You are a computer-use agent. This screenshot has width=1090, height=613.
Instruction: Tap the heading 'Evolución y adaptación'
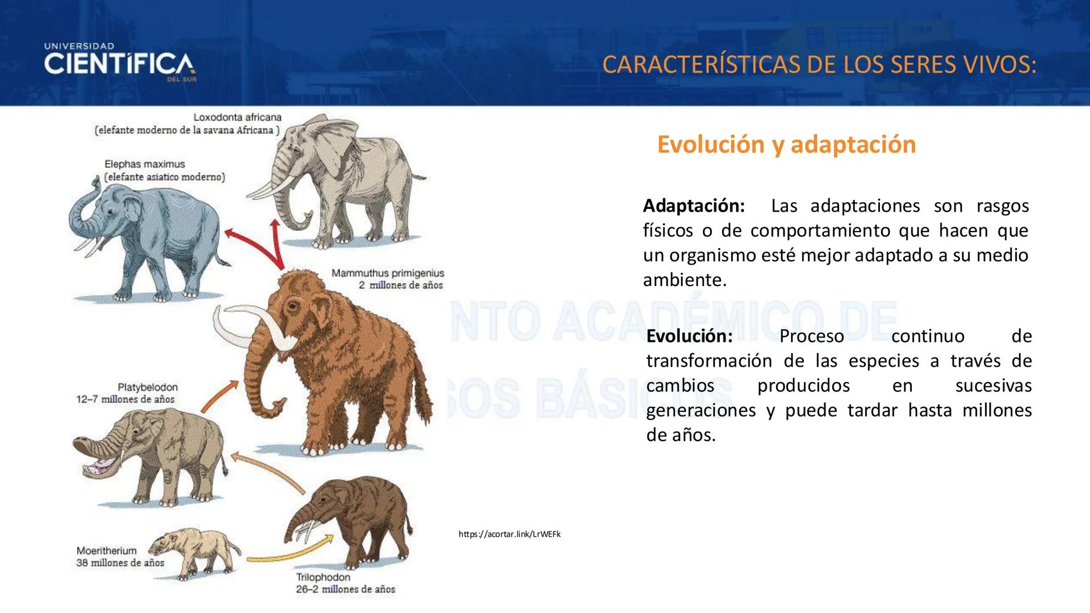(x=786, y=144)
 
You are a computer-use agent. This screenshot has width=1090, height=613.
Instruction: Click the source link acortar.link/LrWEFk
(x=509, y=534)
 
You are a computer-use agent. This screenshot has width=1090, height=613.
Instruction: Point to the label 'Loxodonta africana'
(x=237, y=117)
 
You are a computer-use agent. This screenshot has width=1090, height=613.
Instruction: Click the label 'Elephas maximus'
(x=145, y=164)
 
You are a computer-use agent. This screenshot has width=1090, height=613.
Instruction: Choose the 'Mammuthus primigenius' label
(x=388, y=273)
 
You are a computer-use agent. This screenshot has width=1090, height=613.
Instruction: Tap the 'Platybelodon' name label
(x=148, y=387)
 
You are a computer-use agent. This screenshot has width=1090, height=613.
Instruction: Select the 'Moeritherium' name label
(x=107, y=551)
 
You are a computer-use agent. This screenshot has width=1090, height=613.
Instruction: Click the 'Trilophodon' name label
(x=323, y=577)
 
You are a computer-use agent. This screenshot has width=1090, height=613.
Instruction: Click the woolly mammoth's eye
(x=292, y=307)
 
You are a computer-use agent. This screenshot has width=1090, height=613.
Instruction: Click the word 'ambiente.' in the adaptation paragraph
(x=685, y=280)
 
